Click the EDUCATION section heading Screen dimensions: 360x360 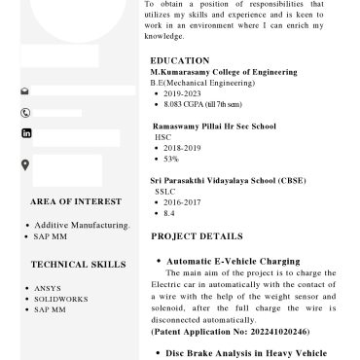[x=180, y=60]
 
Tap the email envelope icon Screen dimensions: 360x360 [x=25, y=91]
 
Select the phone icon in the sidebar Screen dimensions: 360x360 [x=25, y=112]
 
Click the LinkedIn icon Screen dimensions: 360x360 [x=25, y=133]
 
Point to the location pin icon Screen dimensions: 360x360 [x=25, y=164]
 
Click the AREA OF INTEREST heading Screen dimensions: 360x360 [x=76, y=201]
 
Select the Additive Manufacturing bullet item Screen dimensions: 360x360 [x=82, y=225]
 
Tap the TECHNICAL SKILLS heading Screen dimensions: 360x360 [x=78, y=264]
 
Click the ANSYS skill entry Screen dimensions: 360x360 [x=48, y=288]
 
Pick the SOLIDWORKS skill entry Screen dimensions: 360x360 [x=60, y=299]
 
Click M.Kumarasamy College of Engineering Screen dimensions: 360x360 [x=224, y=72]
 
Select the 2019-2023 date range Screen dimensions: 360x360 [x=183, y=93]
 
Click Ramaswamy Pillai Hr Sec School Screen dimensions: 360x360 [x=214, y=126]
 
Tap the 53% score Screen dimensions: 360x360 [x=171, y=159]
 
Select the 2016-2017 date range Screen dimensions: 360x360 [x=183, y=202]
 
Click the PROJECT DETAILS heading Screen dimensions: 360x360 [x=197, y=236]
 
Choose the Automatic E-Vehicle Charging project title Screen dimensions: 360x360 [x=234, y=262]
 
